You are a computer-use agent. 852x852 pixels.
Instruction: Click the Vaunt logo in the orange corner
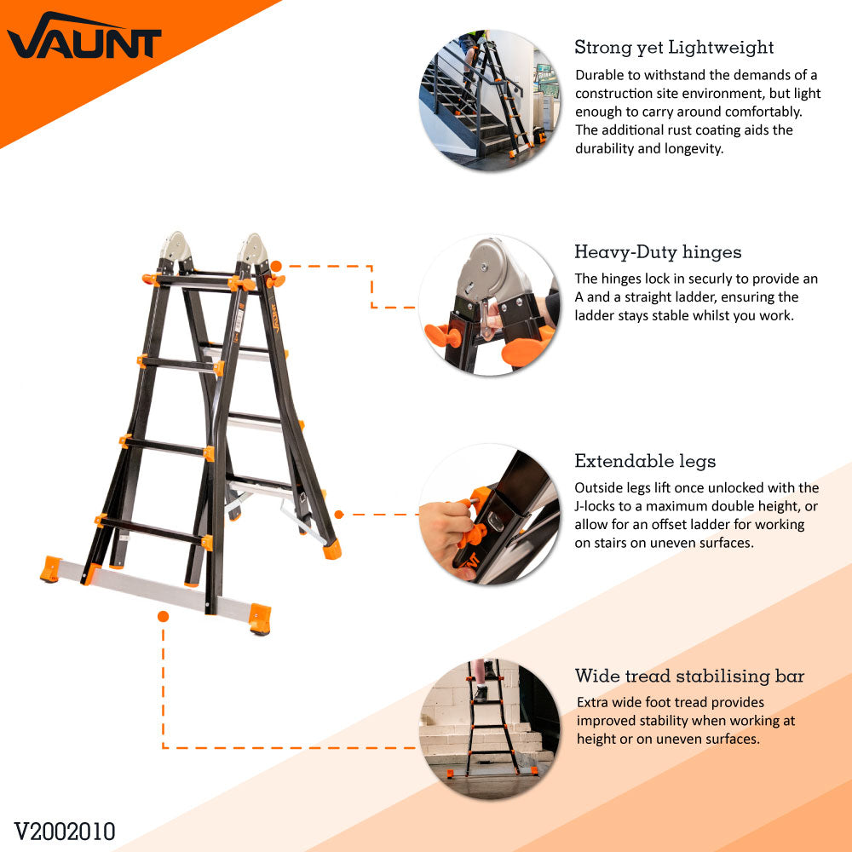[x=84, y=36]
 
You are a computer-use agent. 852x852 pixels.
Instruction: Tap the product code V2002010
[x=65, y=832]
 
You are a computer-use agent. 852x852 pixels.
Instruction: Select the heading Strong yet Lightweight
[x=674, y=48]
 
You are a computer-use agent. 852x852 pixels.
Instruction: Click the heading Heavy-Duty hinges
[x=658, y=252]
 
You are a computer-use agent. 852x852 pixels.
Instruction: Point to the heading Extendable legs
[x=645, y=461]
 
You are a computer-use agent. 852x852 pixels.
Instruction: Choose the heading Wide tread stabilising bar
[x=689, y=676]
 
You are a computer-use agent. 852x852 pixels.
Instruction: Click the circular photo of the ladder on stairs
[x=489, y=100]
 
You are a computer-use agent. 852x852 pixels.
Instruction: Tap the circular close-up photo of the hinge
[x=489, y=305]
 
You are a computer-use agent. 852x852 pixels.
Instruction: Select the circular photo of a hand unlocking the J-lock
[x=489, y=514]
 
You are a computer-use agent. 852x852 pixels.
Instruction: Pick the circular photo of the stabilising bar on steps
[x=489, y=728]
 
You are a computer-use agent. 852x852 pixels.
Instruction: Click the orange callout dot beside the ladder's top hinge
[x=276, y=266]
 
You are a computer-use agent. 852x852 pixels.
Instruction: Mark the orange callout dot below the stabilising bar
[x=163, y=616]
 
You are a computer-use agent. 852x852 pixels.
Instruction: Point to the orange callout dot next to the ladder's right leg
[x=339, y=514]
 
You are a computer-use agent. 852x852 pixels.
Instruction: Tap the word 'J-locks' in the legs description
[x=595, y=506]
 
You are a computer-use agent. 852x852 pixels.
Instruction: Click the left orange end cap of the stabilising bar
[x=50, y=569]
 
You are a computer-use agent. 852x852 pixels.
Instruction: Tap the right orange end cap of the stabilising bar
[x=260, y=619]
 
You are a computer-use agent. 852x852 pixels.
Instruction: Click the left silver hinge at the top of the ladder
[x=176, y=246]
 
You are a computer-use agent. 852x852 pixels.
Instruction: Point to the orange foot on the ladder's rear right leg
[x=332, y=549]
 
